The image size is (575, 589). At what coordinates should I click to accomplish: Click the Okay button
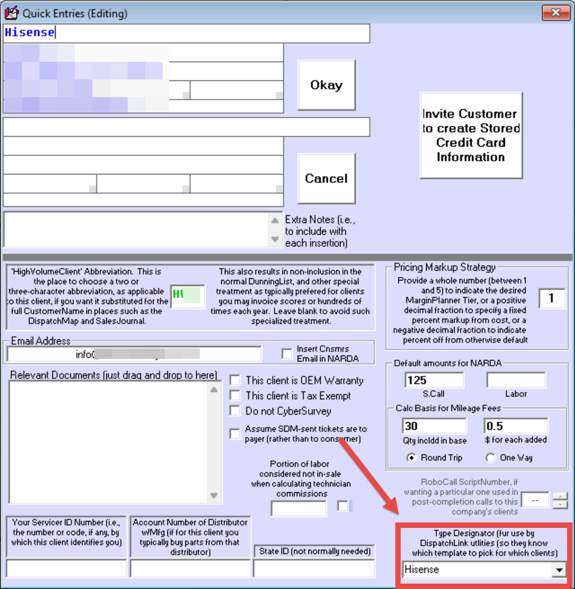[326, 85]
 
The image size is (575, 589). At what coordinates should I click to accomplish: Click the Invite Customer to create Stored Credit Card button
[471, 135]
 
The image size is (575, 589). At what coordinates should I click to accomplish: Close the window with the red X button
[555, 13]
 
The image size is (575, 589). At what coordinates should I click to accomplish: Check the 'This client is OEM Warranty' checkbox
[235, 380]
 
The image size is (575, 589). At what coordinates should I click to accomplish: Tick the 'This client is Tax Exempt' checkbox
[235, 396]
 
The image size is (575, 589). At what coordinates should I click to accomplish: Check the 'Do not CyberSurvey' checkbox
[235, 411]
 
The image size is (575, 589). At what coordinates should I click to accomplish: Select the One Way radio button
[491, 458]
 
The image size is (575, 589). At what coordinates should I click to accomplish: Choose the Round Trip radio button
[411, 458]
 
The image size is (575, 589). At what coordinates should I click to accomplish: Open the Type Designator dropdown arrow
[558, 570]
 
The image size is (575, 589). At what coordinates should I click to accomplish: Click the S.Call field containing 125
[434, 380]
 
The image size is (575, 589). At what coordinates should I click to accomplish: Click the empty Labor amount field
[516, 380]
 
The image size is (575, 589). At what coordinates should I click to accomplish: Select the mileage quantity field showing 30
[434, 426]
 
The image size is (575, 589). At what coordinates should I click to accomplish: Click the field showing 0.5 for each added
[516, 426]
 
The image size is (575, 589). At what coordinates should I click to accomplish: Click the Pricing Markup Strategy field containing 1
[552, 299]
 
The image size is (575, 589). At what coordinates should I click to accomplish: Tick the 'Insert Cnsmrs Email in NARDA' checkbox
[287, 354]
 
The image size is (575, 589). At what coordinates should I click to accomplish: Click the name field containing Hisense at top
[186, 33]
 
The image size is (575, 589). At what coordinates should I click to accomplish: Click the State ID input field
[314, 568]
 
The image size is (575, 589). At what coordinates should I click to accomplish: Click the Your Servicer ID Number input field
[66, 568]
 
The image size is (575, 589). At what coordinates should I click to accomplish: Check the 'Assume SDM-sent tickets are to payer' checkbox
[235, 434]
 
